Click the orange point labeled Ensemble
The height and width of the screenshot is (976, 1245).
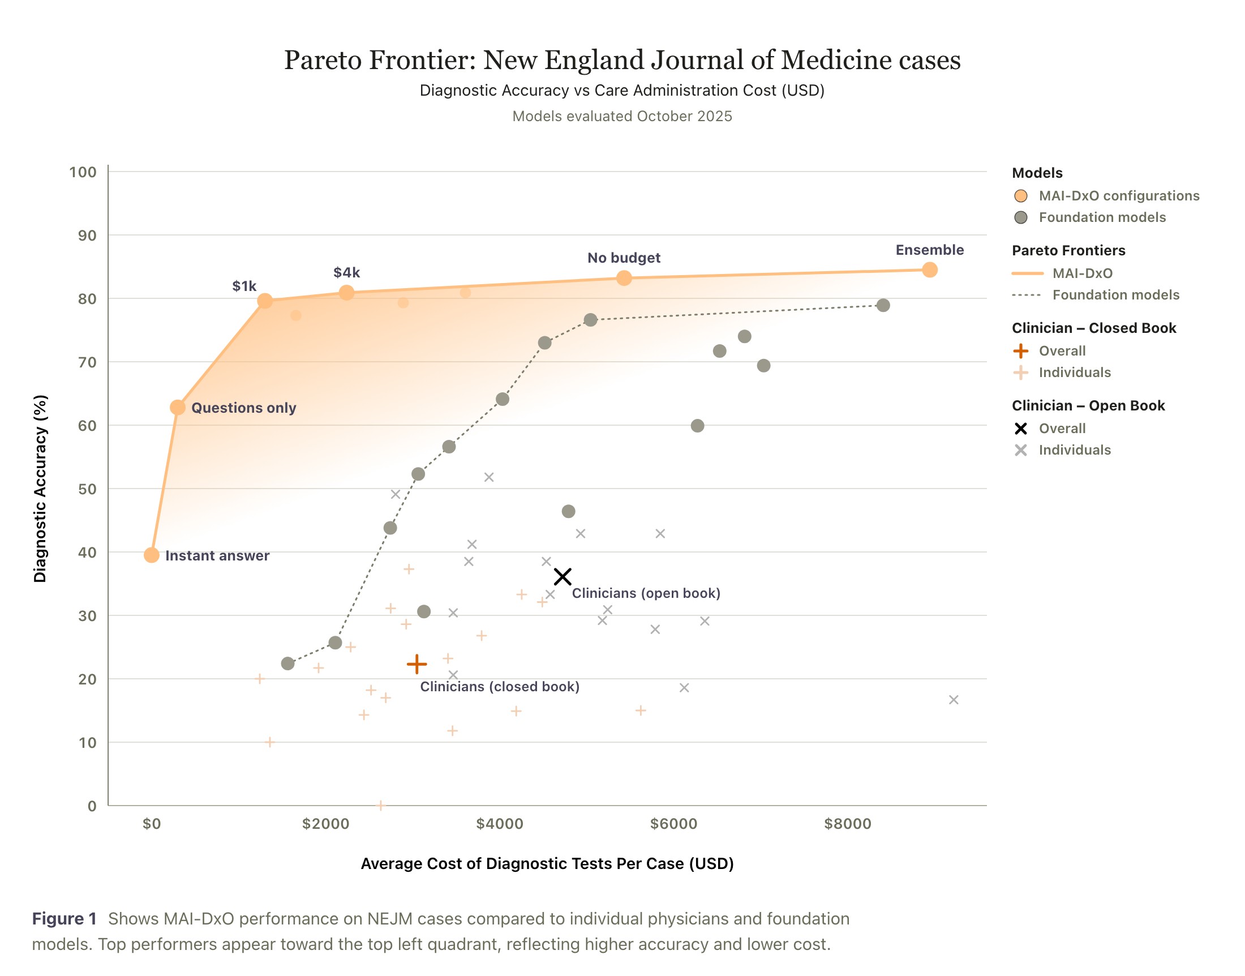929,269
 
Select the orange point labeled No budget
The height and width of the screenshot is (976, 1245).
624,279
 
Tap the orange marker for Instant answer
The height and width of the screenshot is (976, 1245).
151,555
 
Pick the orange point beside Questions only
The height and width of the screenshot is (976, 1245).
178,408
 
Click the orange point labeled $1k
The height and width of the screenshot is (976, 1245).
264,301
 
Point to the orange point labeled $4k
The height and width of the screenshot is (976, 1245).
347,293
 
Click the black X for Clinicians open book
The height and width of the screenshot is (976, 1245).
563,576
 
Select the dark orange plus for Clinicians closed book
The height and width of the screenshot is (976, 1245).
417,664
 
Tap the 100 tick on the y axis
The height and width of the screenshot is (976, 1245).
83,172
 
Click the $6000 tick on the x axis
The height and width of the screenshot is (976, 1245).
674,823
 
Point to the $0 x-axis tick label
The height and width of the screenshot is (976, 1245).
152,823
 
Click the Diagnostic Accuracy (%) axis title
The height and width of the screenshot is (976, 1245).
40,489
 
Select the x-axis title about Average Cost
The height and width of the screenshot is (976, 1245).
547,863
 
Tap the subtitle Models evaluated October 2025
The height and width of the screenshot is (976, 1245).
622,116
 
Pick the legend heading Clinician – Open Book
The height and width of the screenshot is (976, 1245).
1088,406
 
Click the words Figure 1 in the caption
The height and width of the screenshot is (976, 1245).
64,918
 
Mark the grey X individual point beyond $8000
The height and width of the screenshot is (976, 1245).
954,700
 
